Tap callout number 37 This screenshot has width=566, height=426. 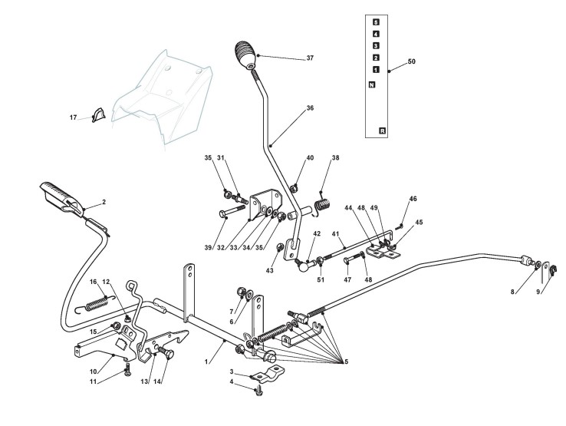[288, 58]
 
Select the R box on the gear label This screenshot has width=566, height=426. [383, 131]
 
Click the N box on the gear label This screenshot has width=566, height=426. [372, 84]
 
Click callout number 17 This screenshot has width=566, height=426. [74, 117]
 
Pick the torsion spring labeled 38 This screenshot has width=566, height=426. [323, 204]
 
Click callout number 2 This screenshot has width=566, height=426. [104, 202]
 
